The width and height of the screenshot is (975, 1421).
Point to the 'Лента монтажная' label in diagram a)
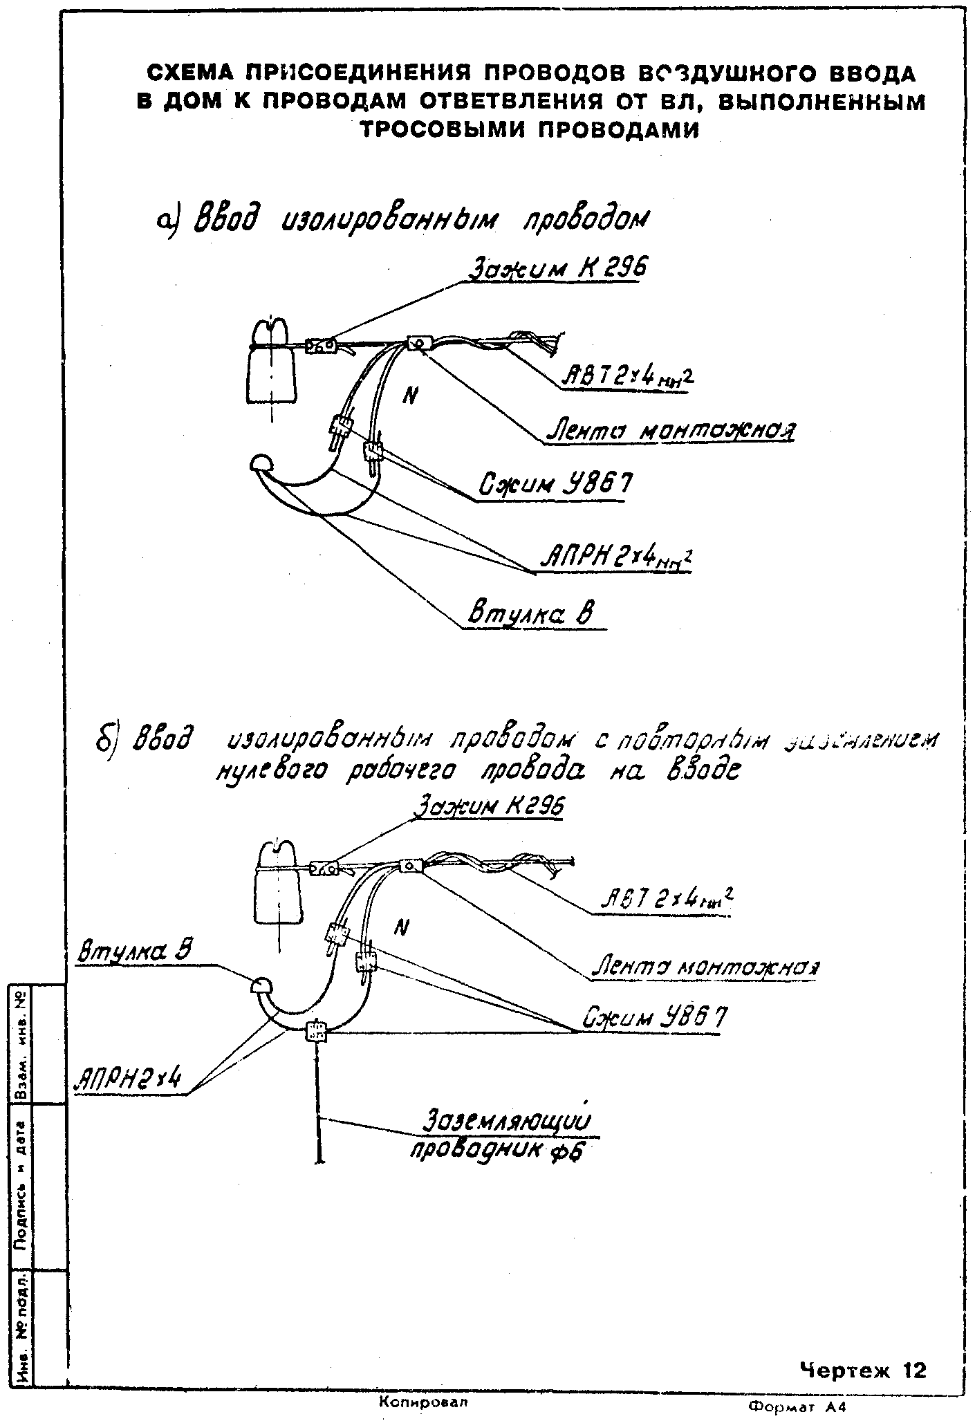(x=669, y=431)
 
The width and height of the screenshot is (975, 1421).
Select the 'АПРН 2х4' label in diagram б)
(x=130, y=1078)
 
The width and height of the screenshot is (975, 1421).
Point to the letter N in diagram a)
(x=411, y=395)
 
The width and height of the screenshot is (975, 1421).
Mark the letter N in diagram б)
(x=399, y=929)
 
